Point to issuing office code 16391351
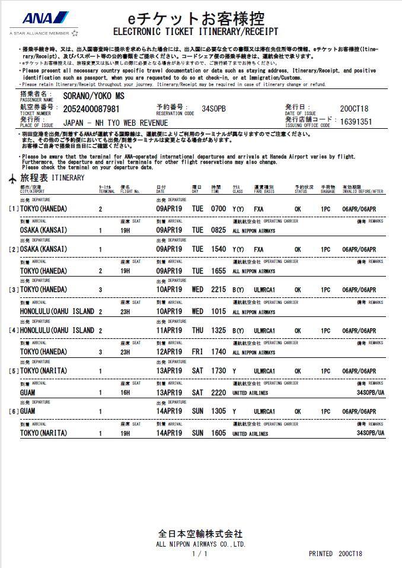tap(355, 122)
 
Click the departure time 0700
tap(218, 209)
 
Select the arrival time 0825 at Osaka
tap(218, 230)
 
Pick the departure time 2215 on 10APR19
tap(218, 290)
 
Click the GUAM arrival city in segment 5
tap(28, 392)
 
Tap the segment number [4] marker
tap(14, 331)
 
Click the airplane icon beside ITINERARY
tap(13, 178)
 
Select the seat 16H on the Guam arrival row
tap(125, 392)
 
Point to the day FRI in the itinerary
tap(197, 352)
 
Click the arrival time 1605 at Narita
tap(218, 433)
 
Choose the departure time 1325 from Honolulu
tap(218, 331)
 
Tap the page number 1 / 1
tap(200, 554)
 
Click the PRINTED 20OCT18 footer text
tap(335, 554)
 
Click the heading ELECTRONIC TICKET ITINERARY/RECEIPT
tap(195, 31)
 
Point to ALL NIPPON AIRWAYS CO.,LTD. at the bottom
tap(200, 544)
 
